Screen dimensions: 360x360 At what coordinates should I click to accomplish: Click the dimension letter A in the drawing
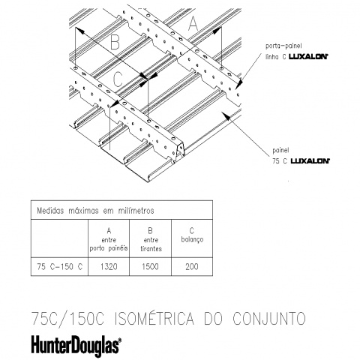193,23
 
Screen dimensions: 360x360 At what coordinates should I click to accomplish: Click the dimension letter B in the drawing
115,42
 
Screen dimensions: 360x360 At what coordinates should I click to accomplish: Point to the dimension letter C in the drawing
118,79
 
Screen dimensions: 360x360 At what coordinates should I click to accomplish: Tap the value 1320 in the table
109,267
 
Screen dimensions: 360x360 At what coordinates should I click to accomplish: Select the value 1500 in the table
150,267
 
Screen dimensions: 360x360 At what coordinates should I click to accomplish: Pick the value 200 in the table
192,267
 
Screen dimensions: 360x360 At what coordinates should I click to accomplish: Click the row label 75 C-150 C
59,267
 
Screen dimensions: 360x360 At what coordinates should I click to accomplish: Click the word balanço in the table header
192,239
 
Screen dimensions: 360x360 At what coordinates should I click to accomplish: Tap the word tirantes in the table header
151,249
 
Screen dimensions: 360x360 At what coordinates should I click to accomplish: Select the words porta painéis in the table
109,248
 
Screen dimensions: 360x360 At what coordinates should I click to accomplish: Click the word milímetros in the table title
136,211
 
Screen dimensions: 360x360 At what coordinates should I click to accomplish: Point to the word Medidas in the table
50,211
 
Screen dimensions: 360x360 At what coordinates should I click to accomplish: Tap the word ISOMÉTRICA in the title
154,319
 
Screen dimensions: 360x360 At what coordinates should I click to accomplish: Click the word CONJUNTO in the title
269,319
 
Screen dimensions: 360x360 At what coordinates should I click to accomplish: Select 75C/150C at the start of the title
67,319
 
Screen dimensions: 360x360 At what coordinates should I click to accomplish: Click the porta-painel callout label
283,46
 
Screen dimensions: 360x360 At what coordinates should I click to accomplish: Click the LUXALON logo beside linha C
308,56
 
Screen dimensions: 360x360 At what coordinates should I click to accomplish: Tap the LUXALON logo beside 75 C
310,161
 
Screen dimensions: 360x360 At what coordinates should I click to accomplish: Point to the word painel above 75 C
280,150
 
